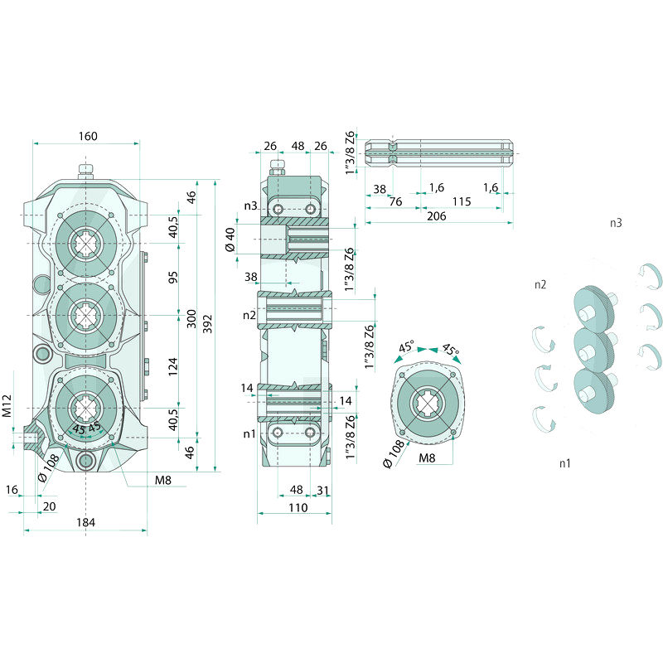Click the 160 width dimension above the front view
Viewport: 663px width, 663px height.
coord(87,136)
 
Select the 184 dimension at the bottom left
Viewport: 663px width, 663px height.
coord(85,522)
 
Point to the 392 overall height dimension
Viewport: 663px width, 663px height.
coord(207,320)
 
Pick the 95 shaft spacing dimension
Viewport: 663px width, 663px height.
coord(173,277)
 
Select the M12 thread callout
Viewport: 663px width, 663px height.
coord(7,405)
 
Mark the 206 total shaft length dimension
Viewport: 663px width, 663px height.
coord(436,215)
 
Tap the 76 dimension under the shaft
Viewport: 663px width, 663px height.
coord(396,202)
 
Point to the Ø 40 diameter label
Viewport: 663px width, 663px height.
coord(231,240)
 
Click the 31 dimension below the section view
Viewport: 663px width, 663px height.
coord(322,490)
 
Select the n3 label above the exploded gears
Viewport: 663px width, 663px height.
coord(616,223)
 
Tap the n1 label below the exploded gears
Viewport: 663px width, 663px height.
coord(564,462)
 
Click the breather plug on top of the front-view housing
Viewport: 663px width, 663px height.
coord(85,172)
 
